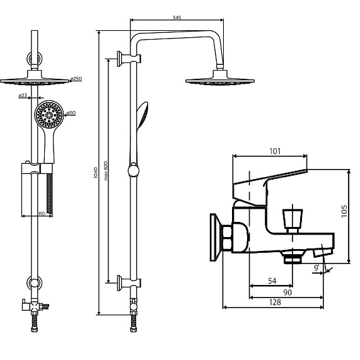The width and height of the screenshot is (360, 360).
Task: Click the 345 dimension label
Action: (177, 17)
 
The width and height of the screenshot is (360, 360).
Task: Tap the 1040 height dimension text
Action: (96, 173)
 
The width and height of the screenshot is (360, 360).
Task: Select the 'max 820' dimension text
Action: (105, 171)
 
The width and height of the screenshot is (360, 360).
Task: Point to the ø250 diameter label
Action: (76, 79)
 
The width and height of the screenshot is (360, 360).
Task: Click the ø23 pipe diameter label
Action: (23, 95)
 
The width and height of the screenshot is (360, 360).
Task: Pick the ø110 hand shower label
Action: (71, 113)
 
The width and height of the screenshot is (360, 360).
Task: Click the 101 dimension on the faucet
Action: (275, 151)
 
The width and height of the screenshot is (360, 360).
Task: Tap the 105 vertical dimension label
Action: (344, 211)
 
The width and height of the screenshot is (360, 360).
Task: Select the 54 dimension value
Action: (272, 281)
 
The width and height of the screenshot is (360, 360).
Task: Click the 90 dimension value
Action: (287, 293)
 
